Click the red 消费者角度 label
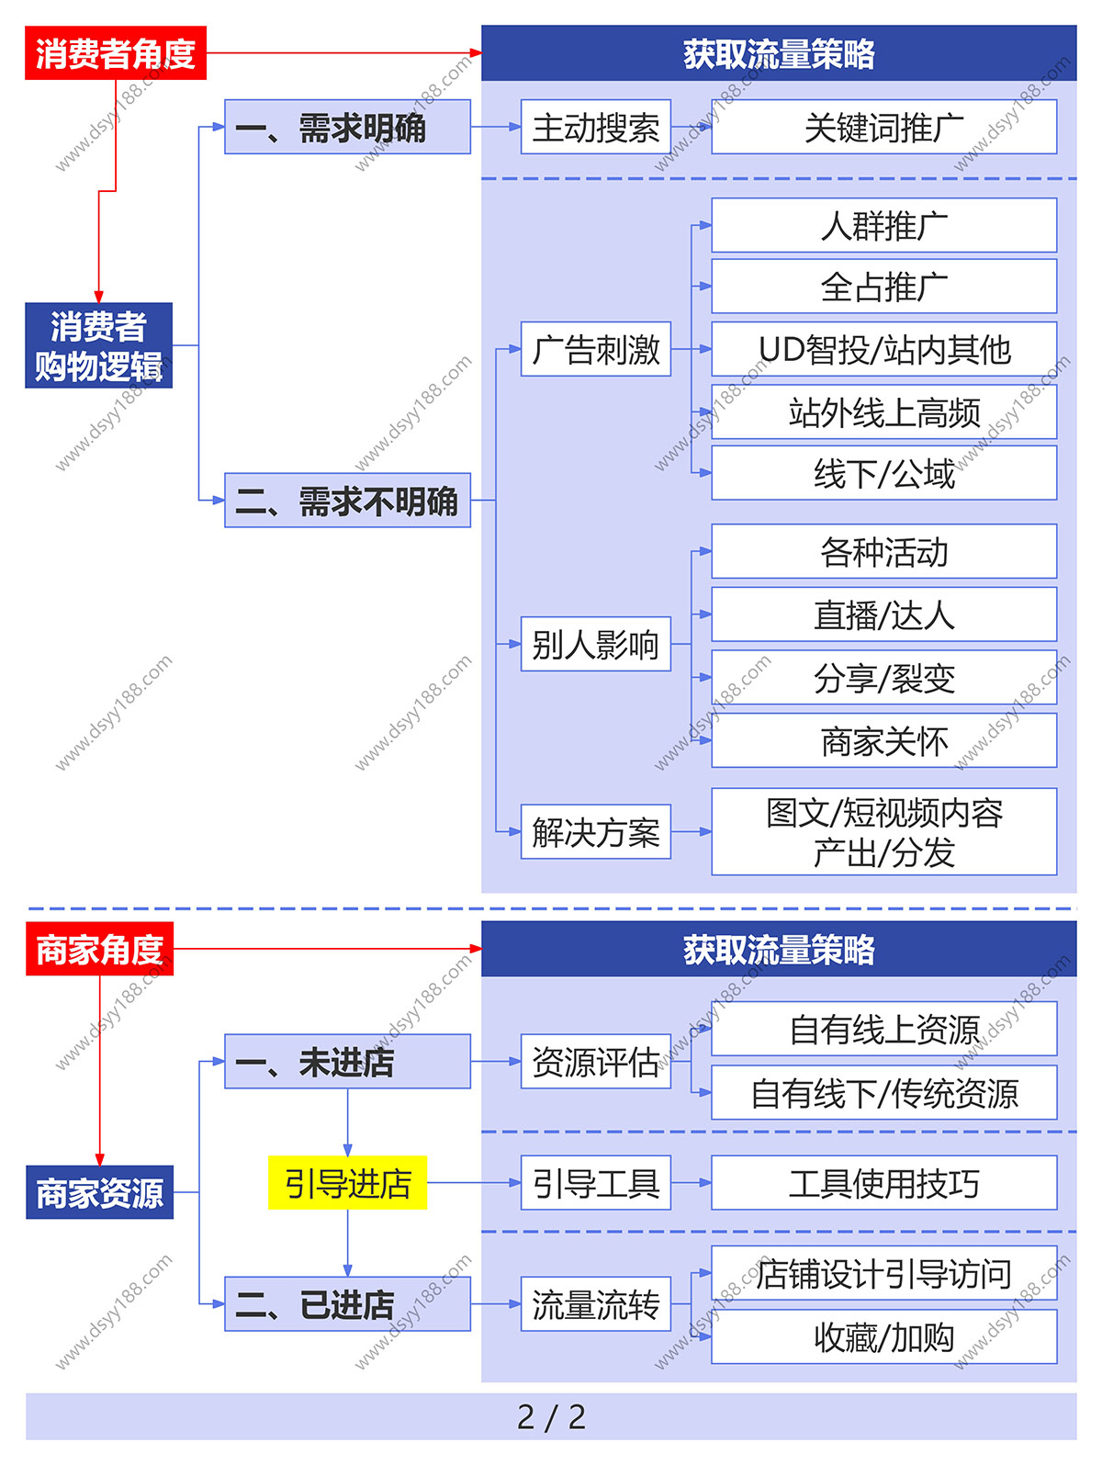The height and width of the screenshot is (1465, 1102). (116, 53)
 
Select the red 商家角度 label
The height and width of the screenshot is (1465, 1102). (99, 949)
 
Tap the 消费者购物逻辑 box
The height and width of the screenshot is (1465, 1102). (98, 345)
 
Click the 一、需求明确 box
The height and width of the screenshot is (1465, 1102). (347, 127)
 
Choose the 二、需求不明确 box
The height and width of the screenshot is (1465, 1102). (347, 501)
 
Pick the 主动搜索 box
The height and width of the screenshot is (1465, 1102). (595, 127)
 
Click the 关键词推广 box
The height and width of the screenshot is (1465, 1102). (883, 127)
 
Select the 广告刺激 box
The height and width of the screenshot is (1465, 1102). (595, 349)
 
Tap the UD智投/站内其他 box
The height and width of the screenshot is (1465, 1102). (883, 349)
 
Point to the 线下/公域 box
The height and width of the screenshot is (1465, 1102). (883, 473)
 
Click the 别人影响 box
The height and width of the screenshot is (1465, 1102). (595, 644)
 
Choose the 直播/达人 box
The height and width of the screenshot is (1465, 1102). (883, 614)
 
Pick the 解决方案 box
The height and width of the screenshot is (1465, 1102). (595, 832)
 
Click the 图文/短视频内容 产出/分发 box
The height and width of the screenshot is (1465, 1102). (883, 831)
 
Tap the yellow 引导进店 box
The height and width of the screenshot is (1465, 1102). (347, 1183)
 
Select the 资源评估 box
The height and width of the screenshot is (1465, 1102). (595, 1062)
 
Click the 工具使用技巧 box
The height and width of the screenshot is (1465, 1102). (883, 1183)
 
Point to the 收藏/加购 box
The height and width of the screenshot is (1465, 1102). (883, 1336)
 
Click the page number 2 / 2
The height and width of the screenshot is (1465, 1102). (551, 1416)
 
